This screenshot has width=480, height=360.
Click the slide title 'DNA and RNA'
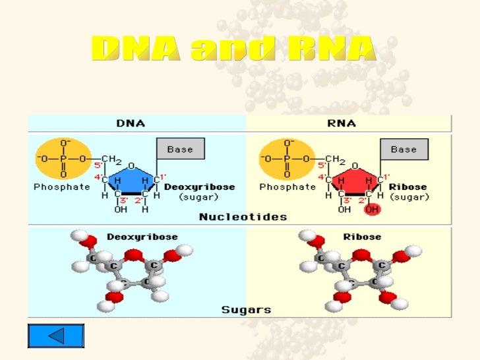(234, 50)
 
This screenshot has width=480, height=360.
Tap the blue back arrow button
(56, 336)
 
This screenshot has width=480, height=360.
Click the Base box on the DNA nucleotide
(180, 150)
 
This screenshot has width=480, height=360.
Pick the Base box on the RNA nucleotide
(404, 150)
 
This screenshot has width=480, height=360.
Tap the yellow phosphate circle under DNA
(63, 158)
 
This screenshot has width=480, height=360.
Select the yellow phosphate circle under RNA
(287, 158)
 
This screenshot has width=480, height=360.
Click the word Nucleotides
(243, 216)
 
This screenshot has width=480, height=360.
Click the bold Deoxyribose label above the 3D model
(133, 236)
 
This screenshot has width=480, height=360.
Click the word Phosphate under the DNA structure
(62, 187)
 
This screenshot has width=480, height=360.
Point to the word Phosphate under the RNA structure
(287, 187)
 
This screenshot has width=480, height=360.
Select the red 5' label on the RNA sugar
(322, 165)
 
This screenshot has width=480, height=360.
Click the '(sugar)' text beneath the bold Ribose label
(409, 197)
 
